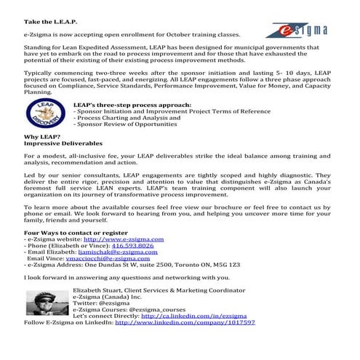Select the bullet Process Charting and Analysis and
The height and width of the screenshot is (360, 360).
[125, 117]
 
